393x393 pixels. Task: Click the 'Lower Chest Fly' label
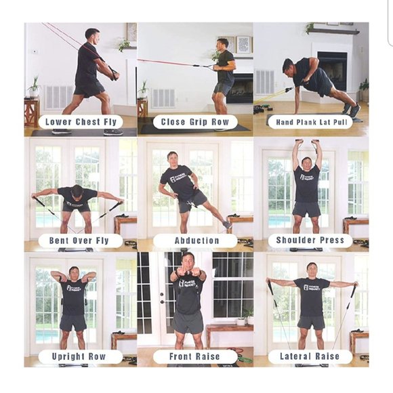coord(81,122)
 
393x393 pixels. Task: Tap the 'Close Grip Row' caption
coord(195,122)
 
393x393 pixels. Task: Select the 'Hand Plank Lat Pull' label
coord(312,123)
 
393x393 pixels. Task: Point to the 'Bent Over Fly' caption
coord(79,241)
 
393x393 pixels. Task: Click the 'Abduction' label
coord(196,241)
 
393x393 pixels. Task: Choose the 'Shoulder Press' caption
coord(310,240)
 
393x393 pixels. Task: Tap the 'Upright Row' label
coord(79,356)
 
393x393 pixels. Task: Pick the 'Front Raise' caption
coord(194,356)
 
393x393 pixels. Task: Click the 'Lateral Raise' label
coord(310,356)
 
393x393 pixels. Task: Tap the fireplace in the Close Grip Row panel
coord(240,88)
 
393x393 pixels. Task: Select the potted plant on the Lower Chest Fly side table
coord(35,87)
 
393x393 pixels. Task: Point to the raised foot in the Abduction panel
coord(227,224)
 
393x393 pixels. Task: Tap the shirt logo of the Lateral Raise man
coord(312,287)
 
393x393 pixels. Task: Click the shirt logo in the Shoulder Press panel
coord(307,178)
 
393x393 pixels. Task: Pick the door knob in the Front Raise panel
coord(162,294)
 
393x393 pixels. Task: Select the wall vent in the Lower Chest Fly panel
coord(60,97)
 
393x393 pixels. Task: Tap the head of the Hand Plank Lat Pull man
coord(289,68)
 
